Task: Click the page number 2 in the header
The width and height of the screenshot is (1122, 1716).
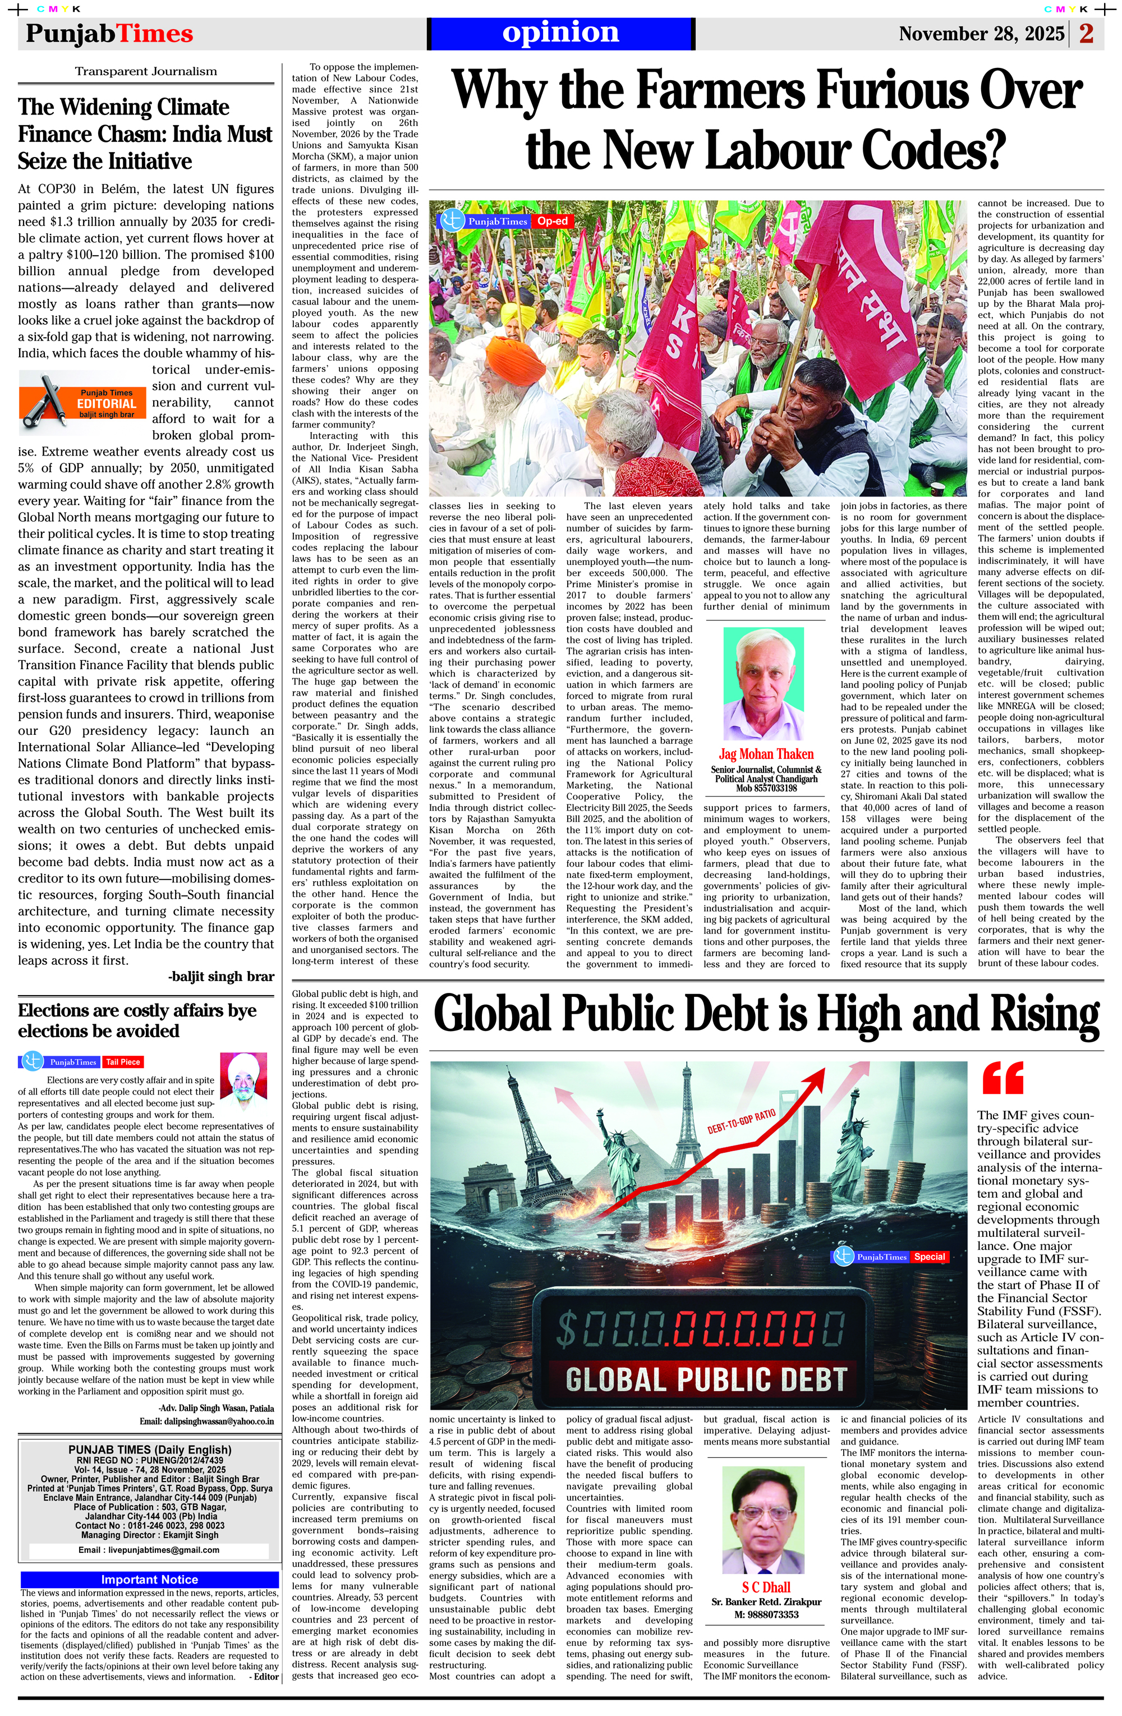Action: click(1087, 34)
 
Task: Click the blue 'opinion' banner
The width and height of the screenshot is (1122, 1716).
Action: click(560, 33)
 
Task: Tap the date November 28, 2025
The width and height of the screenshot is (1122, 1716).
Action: click(981, 34)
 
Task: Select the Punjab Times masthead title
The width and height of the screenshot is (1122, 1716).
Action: click(109, 34)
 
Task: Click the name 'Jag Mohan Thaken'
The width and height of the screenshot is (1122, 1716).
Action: click(766, 754)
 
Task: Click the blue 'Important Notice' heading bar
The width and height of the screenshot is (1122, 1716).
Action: click(149, 1579)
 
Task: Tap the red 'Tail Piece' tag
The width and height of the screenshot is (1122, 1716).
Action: click(123, 1061)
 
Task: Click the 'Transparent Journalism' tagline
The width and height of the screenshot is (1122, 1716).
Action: click(146, 71)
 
